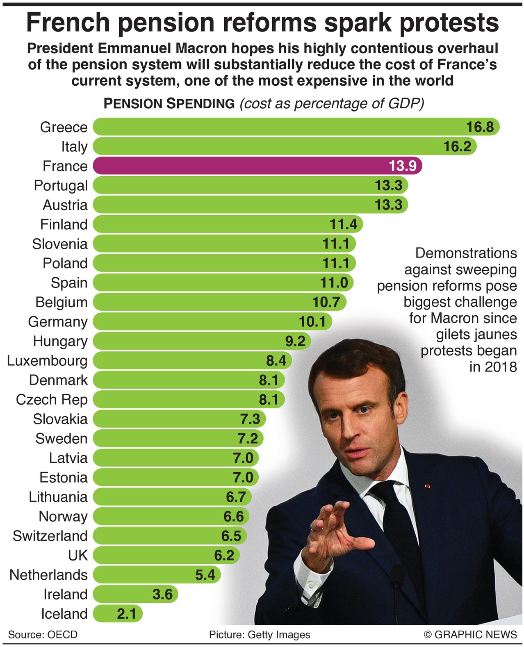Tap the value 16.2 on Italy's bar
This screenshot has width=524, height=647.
458,146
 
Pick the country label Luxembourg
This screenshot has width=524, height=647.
47,361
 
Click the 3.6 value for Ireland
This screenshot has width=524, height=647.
162,594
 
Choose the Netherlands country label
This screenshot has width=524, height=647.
48,575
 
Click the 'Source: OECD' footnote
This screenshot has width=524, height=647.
43,635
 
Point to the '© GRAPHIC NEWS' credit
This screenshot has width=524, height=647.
470,635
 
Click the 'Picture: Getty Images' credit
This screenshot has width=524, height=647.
260,635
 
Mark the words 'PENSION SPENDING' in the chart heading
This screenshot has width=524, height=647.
169,104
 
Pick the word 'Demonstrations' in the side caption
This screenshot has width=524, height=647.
466,253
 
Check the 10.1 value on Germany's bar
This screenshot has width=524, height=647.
312,321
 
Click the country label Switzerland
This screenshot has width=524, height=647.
50,536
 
